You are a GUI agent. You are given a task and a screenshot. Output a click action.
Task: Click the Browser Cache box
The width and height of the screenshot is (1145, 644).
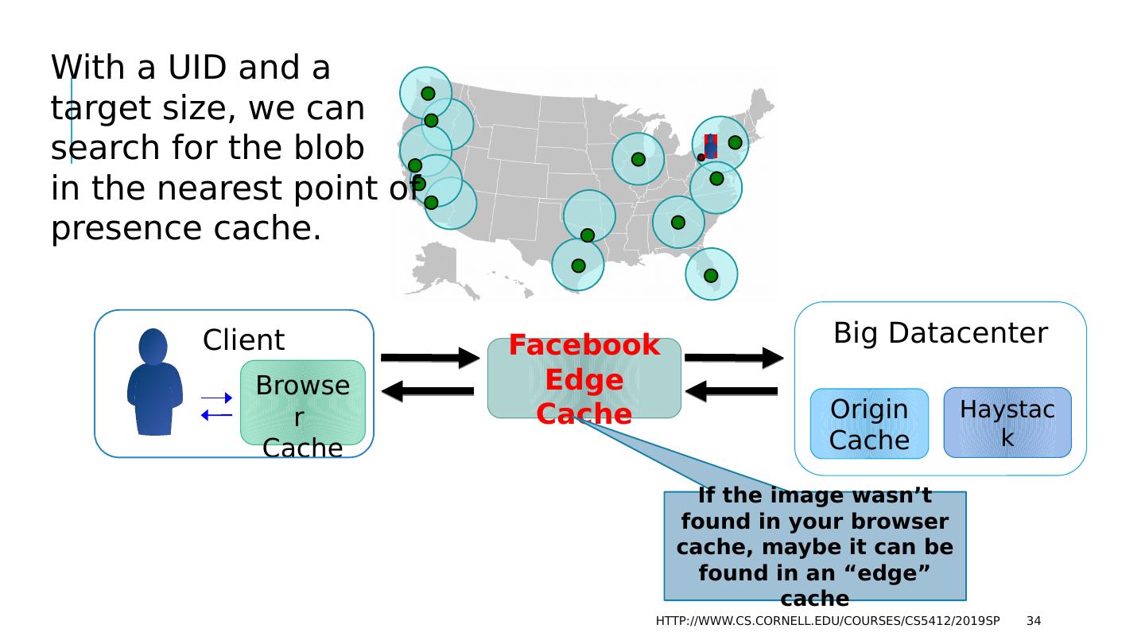point(303,402)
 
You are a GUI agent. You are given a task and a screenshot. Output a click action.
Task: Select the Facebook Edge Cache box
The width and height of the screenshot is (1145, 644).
point(584,378)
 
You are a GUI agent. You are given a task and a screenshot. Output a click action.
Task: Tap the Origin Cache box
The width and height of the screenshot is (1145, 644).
point(869,424)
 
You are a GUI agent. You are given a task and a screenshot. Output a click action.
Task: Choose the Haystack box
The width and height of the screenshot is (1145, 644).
point(1007,422)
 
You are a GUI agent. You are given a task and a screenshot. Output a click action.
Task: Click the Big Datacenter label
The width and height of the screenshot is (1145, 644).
point(941,334)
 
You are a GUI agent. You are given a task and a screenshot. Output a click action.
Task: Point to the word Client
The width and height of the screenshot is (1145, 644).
point(243,340)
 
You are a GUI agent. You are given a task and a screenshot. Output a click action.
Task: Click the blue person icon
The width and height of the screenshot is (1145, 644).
point(154,382)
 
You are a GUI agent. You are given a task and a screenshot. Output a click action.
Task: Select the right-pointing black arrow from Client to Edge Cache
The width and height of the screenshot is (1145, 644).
point(430,359)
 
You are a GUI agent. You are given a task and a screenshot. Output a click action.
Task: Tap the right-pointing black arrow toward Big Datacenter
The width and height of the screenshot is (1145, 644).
point(733,359)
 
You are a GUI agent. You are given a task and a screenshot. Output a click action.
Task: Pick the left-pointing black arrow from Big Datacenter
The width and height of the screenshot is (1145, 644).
point(732,391)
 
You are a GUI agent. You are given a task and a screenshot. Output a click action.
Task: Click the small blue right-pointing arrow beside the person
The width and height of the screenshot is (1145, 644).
point(217,398)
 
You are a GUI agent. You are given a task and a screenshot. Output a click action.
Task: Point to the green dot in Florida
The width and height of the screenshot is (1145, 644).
point(711,276)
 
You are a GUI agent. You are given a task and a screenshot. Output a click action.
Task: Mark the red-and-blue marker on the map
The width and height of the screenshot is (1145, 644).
point(710,145)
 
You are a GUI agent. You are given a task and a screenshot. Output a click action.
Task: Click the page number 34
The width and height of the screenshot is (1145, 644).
point(1034,621)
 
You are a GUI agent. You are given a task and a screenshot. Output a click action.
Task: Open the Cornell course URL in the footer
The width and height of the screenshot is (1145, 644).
point(828,621)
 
